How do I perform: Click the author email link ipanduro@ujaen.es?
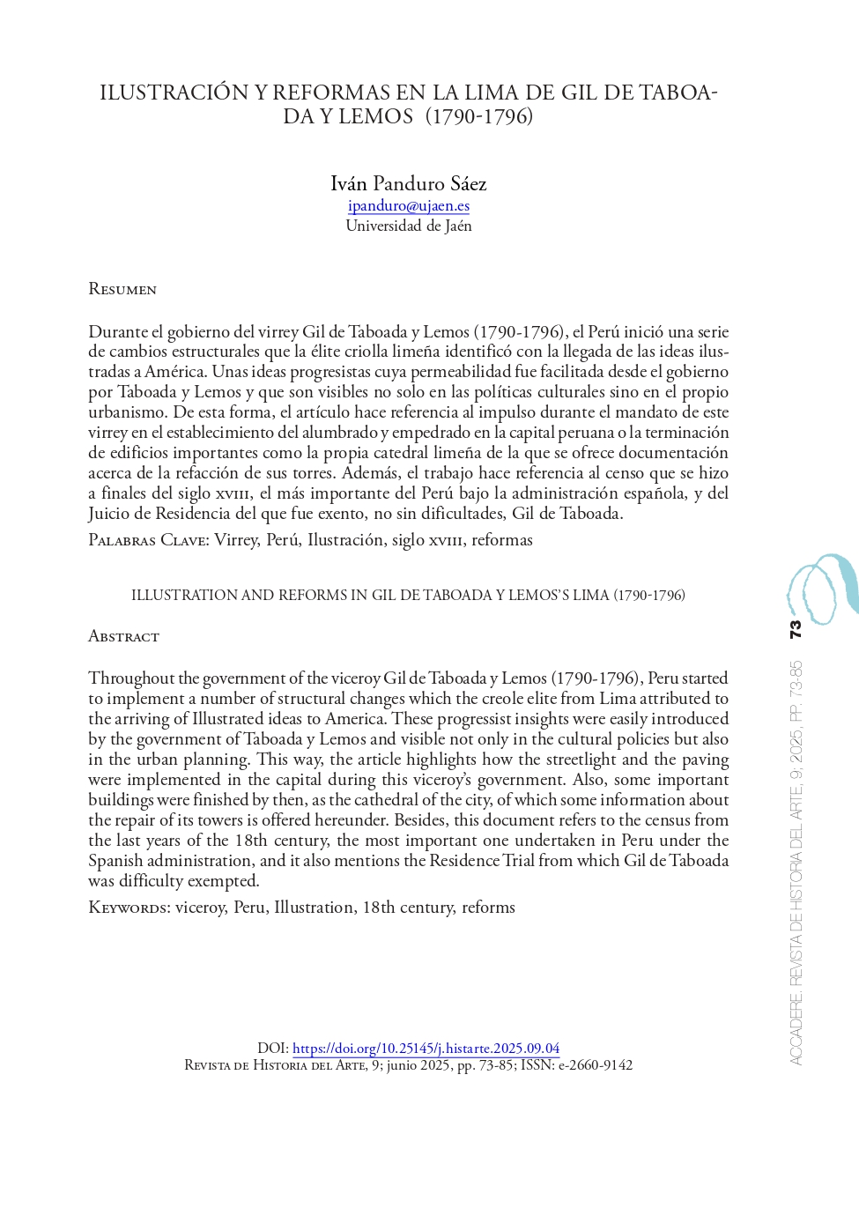tap(408, 205)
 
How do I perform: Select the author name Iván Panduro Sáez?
tap(408, 183)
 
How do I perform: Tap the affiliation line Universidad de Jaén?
tap(408, 226)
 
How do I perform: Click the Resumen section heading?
tap(122, 289)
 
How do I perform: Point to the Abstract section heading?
tap(123, 636)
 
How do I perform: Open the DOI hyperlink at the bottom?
tap(426, 1048)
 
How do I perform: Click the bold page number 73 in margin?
tap(796, 630)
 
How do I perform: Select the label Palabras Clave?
tap(148, 540)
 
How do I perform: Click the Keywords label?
tap(129, 908)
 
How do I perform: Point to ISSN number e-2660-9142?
tap(595, 1065)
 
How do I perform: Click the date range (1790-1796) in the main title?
tap(479, 116)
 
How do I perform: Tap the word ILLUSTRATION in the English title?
tap(183, 596)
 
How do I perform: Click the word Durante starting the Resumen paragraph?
tap(118, 331)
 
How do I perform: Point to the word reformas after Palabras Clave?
tap(501, 540)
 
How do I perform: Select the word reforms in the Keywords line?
tap(488, 908)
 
